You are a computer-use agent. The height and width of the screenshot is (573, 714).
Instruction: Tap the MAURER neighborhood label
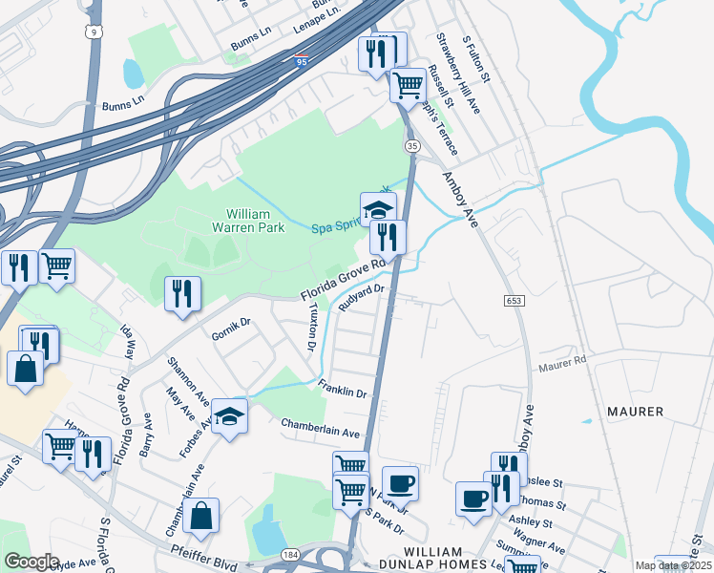pyautogui.click(x=635, y=411)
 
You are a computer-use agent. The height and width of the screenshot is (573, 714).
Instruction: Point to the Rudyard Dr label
pyautogui.click(x=361, y=297)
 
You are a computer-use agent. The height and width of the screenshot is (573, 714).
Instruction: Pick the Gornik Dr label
pyautogui.click(x=231, y=329)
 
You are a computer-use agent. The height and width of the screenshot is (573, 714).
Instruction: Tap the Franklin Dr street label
pyautogui.click(x=343, y=391)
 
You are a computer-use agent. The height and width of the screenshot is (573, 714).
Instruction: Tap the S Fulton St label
pyautogui.click(x=474, y=58)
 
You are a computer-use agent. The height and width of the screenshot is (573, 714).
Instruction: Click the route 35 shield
pyautogui.click(x=411, y=145)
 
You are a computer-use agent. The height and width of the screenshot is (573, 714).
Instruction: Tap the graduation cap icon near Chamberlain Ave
pyautogui.click(x=229, y=416)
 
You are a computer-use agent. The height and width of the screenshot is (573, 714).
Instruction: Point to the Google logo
pyautogui.click(x=31, y=561)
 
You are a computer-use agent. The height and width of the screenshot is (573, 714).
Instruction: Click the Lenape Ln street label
pyautogui.click(x=316, y=22)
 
